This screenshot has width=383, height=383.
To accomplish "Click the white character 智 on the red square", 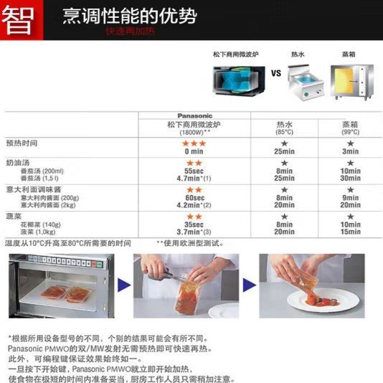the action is point(18,21).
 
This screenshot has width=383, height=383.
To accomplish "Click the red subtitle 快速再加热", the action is point(131,32).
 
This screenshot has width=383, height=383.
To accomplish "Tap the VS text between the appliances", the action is point(276,73).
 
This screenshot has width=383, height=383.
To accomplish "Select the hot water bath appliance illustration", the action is point(306,81).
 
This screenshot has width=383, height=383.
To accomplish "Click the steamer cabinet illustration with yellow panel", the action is point(352,82).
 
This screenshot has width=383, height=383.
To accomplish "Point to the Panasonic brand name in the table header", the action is point(194,115).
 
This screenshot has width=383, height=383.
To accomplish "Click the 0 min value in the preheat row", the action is point(194,151).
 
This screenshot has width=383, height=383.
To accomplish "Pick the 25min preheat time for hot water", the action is point(284,151).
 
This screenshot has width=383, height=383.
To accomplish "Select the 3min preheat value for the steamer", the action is point(350,151).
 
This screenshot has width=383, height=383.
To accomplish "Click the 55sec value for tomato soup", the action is point(194,171).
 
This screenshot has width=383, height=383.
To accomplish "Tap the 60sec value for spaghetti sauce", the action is point(194,198).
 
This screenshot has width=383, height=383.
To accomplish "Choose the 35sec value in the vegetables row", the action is point(194,224).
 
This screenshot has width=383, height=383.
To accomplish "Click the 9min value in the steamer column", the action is point(350,198).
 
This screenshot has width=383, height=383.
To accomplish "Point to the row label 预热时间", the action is point(22,143).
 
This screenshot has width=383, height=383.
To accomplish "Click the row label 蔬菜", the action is point(14,217).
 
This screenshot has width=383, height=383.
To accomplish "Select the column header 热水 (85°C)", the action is point(284,128).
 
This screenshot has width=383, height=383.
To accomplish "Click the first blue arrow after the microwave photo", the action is point(124,285).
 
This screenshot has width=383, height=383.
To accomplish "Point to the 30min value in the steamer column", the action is point(350,179).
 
